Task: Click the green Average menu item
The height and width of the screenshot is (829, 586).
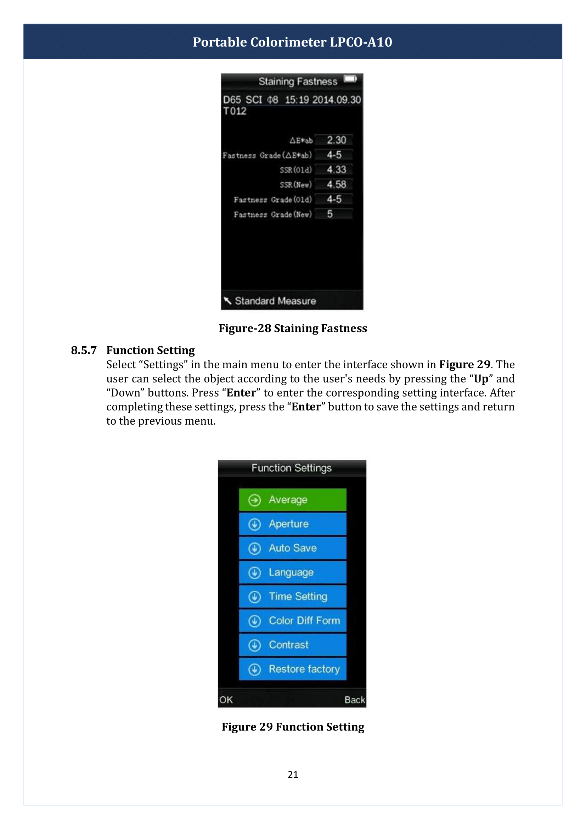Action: coord(292,500)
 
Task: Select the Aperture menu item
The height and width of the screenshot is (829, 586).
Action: coord(292,524)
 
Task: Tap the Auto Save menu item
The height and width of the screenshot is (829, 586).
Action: coord(292,548)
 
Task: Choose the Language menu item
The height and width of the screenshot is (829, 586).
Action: coord(292,572)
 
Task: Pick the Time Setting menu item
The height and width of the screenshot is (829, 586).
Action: coord(292,596)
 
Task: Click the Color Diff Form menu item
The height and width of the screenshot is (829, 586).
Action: coord(292,621)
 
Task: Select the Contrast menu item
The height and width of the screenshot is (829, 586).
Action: coord(292,645)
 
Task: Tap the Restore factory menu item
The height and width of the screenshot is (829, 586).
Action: coord(292,669)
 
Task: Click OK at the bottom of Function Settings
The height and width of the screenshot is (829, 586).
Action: coord(226,700)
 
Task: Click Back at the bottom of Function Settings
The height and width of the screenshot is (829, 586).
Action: coord(355,700)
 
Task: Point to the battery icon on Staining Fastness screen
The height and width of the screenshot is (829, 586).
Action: coord(350,79)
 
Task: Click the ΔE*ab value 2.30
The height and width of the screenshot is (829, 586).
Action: coord(336,140)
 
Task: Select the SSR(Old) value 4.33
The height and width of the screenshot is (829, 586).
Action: coord(336,170)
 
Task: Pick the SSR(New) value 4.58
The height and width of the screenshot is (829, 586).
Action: coord(336,185)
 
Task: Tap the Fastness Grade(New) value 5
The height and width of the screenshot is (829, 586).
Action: coord(330,214)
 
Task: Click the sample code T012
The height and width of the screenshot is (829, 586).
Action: coord(235,111)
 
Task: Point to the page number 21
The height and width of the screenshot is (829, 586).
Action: coord(293,774)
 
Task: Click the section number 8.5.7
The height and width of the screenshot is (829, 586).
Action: coord(84,350)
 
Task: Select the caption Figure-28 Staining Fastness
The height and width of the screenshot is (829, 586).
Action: coord(293,328)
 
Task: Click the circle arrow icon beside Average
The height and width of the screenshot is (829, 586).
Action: coord(254,500)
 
